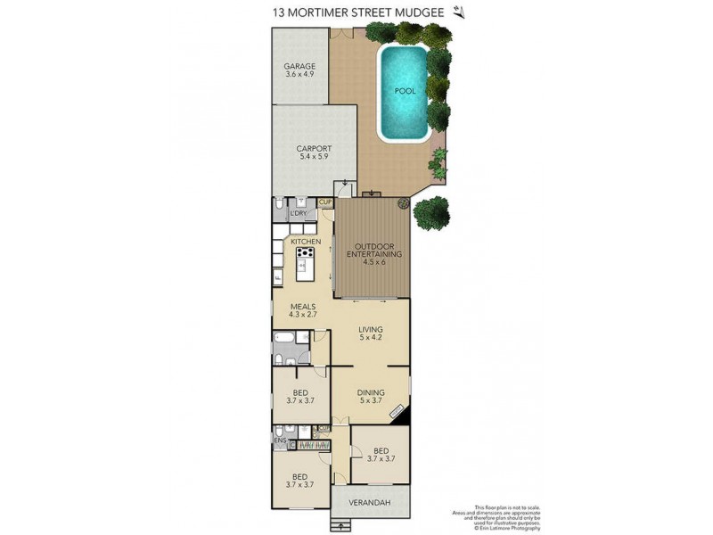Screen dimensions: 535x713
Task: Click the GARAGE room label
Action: click(x=299, y=66)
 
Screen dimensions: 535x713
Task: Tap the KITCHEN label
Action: click(x=306, y=242)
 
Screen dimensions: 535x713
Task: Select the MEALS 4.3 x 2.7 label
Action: click(x=303, y=310)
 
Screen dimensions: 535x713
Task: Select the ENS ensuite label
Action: click(x=279, y=441)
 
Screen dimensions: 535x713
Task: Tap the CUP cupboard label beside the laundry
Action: click(x=326, y=203)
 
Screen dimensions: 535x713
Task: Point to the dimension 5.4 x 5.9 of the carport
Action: click(x=314, y=157)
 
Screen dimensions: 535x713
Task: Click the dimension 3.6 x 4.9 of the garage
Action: click(x=299, y=75)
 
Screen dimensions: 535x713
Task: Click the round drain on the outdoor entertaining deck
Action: click(x=403, y=204)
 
